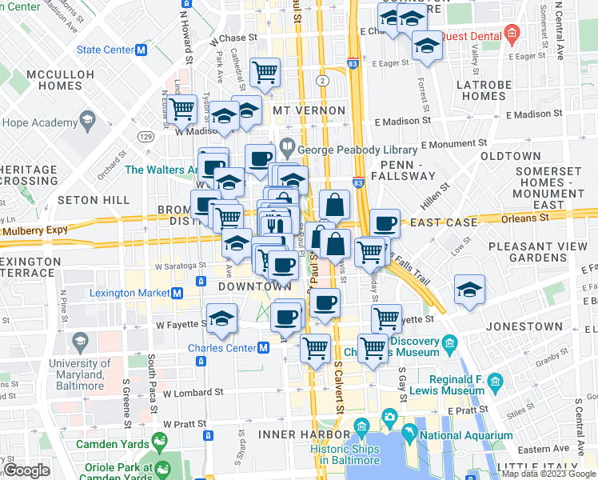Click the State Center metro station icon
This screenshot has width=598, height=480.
pos(142,50)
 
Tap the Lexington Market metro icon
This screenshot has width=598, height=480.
pos(176,294)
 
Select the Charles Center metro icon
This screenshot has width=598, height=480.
pos(262,348)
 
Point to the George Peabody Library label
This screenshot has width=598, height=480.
pos(357,150)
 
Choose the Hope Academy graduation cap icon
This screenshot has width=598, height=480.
pos(86,122)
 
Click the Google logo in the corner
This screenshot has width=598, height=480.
pos(26,470)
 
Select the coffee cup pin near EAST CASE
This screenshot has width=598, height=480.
pos(385,224)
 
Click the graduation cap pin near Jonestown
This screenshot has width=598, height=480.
pos(469,290)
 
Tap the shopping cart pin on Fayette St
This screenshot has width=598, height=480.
pos(387,318)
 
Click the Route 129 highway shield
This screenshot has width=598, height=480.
pos(146,137)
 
